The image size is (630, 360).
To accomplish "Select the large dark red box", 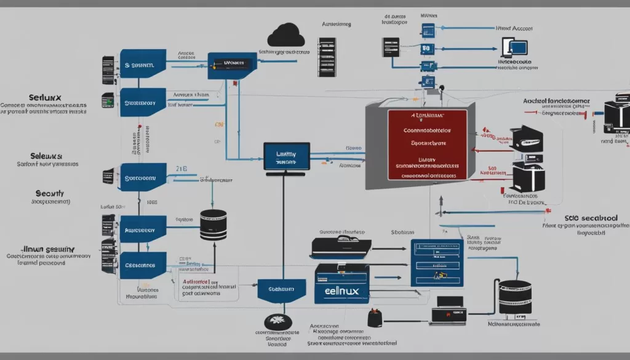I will (426, 145).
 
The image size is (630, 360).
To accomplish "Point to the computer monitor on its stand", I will (286, 158).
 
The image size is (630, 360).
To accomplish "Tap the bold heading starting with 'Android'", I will (556, 100).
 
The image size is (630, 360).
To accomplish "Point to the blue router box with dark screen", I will (231, 64).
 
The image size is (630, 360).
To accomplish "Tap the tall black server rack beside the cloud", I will (327, 57).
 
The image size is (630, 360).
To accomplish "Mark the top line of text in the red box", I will (427, 115).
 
